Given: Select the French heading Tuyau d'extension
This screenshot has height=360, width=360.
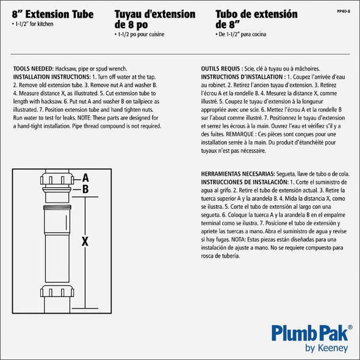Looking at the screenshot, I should tap(155, 13).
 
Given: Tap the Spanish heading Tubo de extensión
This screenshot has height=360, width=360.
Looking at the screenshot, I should tap(256, 13).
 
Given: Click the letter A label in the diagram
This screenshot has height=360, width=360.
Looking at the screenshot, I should tap(86, 178).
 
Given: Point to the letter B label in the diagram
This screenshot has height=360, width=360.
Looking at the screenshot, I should tap(86, 189).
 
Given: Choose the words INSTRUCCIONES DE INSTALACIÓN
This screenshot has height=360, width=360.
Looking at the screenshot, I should tap(243, 182).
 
